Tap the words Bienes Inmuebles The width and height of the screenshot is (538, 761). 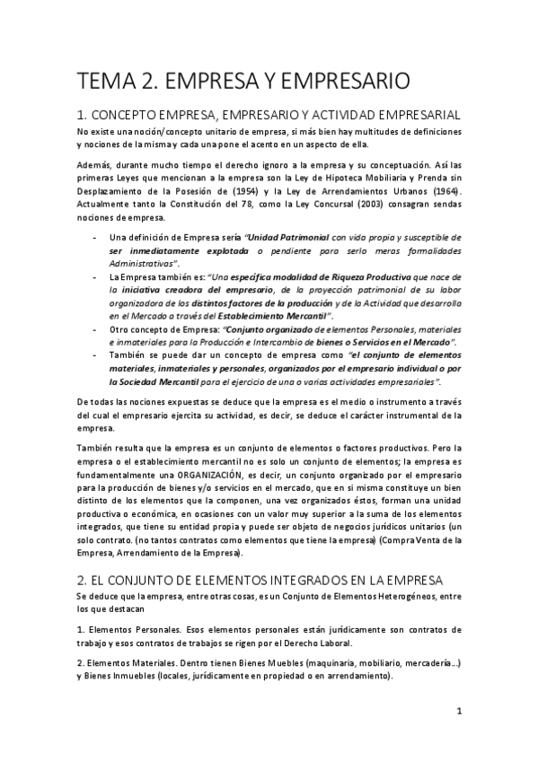[126, 675]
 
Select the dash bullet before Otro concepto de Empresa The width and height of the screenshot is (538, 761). [95, 328]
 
